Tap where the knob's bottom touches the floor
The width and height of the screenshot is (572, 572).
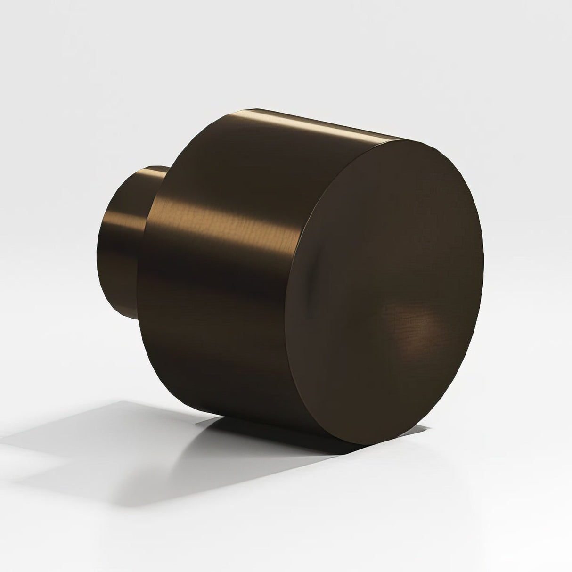click(264, 419)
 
